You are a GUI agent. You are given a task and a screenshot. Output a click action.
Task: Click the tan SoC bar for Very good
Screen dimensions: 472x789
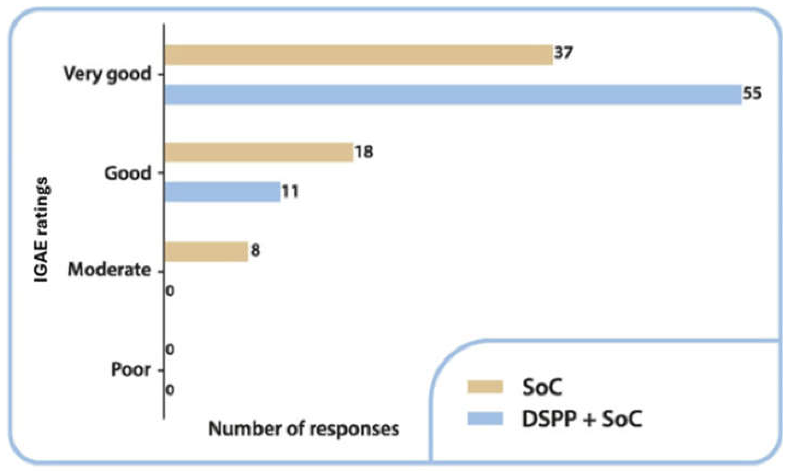pyautogui.click(x=359, y=55)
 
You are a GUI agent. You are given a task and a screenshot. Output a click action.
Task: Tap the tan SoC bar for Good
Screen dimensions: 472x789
pyautogui.click(x=260, y=152)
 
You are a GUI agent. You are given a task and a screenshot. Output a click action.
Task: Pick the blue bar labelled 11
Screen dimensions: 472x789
pyautogui.click(x=223, y=192)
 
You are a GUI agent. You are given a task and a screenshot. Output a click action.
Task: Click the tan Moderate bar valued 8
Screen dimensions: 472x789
pyautogui.click(x=207, y=252)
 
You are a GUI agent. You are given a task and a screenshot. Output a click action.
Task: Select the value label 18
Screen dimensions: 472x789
pyautogui.click(x=364, y=151)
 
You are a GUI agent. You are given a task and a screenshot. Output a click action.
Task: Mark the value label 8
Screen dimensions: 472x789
pyautogui.click(x=255, y=250)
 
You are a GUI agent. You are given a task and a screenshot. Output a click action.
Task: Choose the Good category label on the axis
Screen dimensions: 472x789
pyautogui.click(x=128, y=174)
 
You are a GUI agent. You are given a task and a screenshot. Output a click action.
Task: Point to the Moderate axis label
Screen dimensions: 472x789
pyautogui.click(x=109, y=270)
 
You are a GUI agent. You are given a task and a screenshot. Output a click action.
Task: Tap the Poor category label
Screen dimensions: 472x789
pyautogui.click(x=130, y=370)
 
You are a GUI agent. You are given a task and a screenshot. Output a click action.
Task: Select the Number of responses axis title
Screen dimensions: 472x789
pyautogui.click(x=304, y=429)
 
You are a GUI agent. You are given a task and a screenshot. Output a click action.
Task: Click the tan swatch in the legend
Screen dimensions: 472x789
pyautogui.click(x=485, y=387)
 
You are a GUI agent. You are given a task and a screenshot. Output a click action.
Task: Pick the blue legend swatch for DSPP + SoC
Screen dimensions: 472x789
pyautogui.click(x=485, y=418)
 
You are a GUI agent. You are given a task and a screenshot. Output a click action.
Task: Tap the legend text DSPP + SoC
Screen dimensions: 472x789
pyautogui.click(x=582, y=418)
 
